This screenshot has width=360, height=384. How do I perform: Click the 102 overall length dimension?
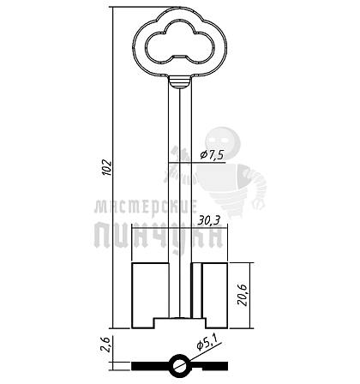click(x=107, y=167)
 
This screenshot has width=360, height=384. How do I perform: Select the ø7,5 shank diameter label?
click(x=212, y=154)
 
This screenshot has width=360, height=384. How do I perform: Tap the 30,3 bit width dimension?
click(x=210, y=220)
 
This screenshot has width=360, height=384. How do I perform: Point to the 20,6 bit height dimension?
click(x=243, y=296)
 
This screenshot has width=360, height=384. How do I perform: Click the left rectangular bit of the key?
click(x=150, y=296)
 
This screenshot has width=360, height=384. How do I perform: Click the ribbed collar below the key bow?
click(x=179, y=82)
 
